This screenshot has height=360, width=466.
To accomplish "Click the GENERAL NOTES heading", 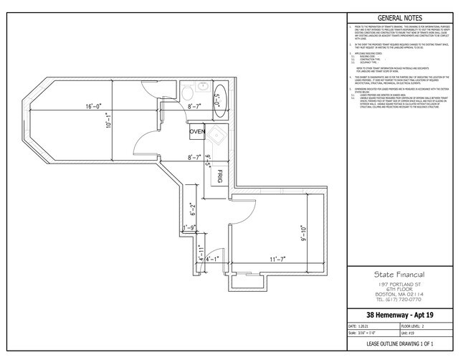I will pos(399,18).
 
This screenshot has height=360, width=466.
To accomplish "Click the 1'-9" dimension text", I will pos(189,228).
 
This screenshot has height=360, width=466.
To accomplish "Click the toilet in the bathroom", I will pos(185,93).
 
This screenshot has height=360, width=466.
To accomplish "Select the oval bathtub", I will pos(220,96).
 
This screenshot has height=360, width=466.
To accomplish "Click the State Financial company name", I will pos(399,275).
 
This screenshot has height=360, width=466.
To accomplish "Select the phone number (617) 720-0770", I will pos(399,300).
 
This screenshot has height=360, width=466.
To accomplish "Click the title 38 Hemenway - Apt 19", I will pos(399,316).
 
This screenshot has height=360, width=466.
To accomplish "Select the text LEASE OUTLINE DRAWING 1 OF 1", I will pos(399,345).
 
